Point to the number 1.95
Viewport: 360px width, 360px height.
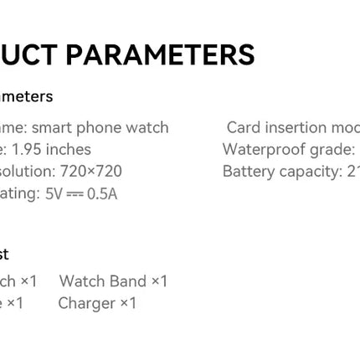click(x=27, y=150)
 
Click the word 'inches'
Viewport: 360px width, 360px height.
click(x=69, y=150)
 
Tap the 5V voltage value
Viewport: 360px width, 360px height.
click(x=54, y=193)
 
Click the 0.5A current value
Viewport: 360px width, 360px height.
click(x=103, y=193)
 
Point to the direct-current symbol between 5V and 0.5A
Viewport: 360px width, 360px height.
click(x=77, y=193)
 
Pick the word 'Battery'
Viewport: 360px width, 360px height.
click(x=249, y=172)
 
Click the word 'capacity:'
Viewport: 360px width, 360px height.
click(x=313, y=172)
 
